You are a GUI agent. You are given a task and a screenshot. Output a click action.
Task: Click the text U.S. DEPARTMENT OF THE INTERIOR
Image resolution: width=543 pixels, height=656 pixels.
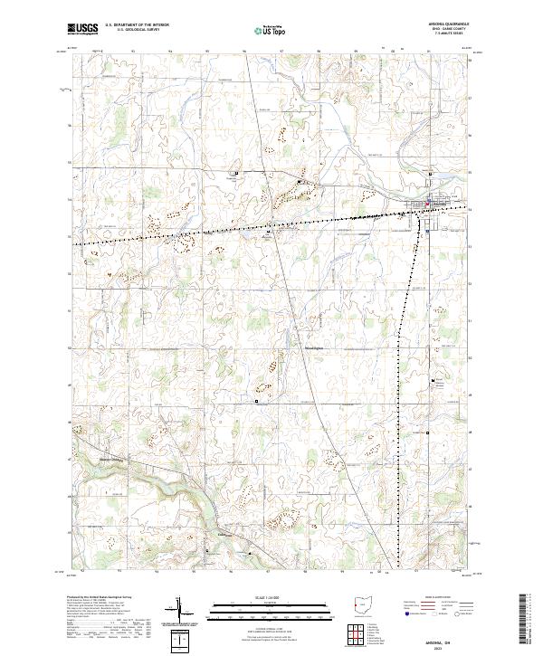point(135,27)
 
